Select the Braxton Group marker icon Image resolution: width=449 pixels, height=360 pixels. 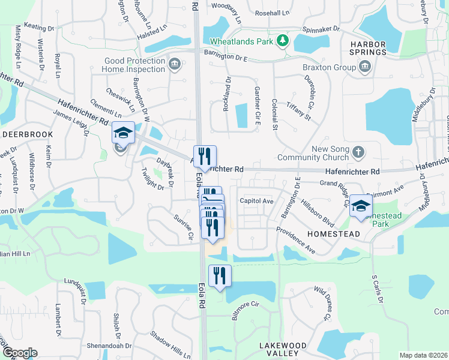coord(365,68)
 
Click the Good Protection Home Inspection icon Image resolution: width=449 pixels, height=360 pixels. coord(175,64)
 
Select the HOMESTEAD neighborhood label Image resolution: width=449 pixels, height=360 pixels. coord(333,233)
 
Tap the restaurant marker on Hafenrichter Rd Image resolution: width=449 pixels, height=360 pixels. coord(205,157)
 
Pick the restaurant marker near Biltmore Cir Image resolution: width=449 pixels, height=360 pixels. coord(220,276)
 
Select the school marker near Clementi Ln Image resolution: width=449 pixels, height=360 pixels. coord(123,133)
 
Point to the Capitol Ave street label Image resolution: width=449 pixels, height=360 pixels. coord(256,201)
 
